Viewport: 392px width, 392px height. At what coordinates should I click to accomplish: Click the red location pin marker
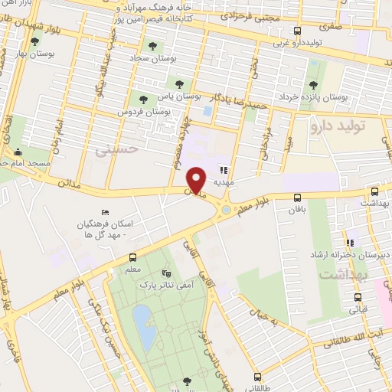197,178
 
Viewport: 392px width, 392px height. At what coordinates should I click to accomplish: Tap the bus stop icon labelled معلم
132,258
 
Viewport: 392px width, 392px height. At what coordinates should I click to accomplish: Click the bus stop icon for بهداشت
374,191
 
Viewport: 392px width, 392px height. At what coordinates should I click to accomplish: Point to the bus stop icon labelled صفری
297,31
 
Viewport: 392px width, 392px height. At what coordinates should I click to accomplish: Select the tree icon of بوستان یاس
179,84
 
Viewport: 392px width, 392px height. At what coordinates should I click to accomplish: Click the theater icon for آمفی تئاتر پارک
166,273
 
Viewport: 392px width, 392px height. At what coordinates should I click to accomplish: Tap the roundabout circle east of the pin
227,210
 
